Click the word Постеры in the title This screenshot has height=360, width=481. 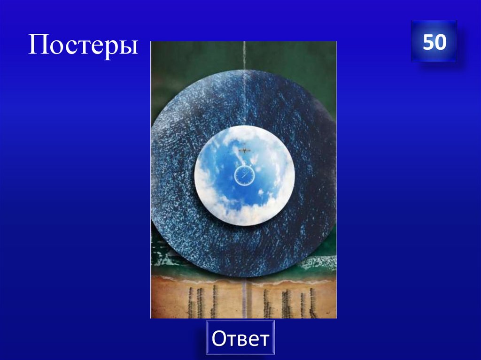pyautogui.click(x=83, y=46)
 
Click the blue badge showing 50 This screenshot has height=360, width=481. pyautogui.click(x=434, y=42)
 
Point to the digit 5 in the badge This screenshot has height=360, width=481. pyautogui.click(x=427, y=42)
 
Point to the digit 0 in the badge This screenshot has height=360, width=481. pyautogui.click(x=440, y=42)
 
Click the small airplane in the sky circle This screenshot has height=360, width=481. pyautogui.click(x=245, y=150)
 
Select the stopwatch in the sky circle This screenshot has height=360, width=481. pyautogui.click(x=244, y=176)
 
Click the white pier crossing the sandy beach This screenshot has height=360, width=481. pyautogui.click(x=244, y=300)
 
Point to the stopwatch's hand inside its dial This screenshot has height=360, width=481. pyautogui.click(x=245, y=174)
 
